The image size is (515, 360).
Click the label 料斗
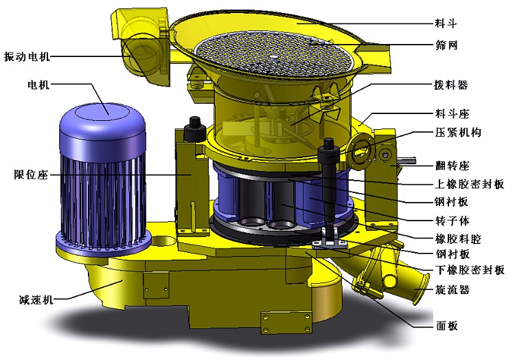446,23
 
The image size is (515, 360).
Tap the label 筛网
446,45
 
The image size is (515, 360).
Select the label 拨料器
451,85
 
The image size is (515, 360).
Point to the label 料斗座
453,113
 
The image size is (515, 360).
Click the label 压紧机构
458,133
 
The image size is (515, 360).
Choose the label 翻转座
453,165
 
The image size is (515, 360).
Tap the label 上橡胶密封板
470,184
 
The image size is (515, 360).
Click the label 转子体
453,221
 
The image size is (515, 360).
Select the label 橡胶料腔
458,239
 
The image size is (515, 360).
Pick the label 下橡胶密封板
470,270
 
